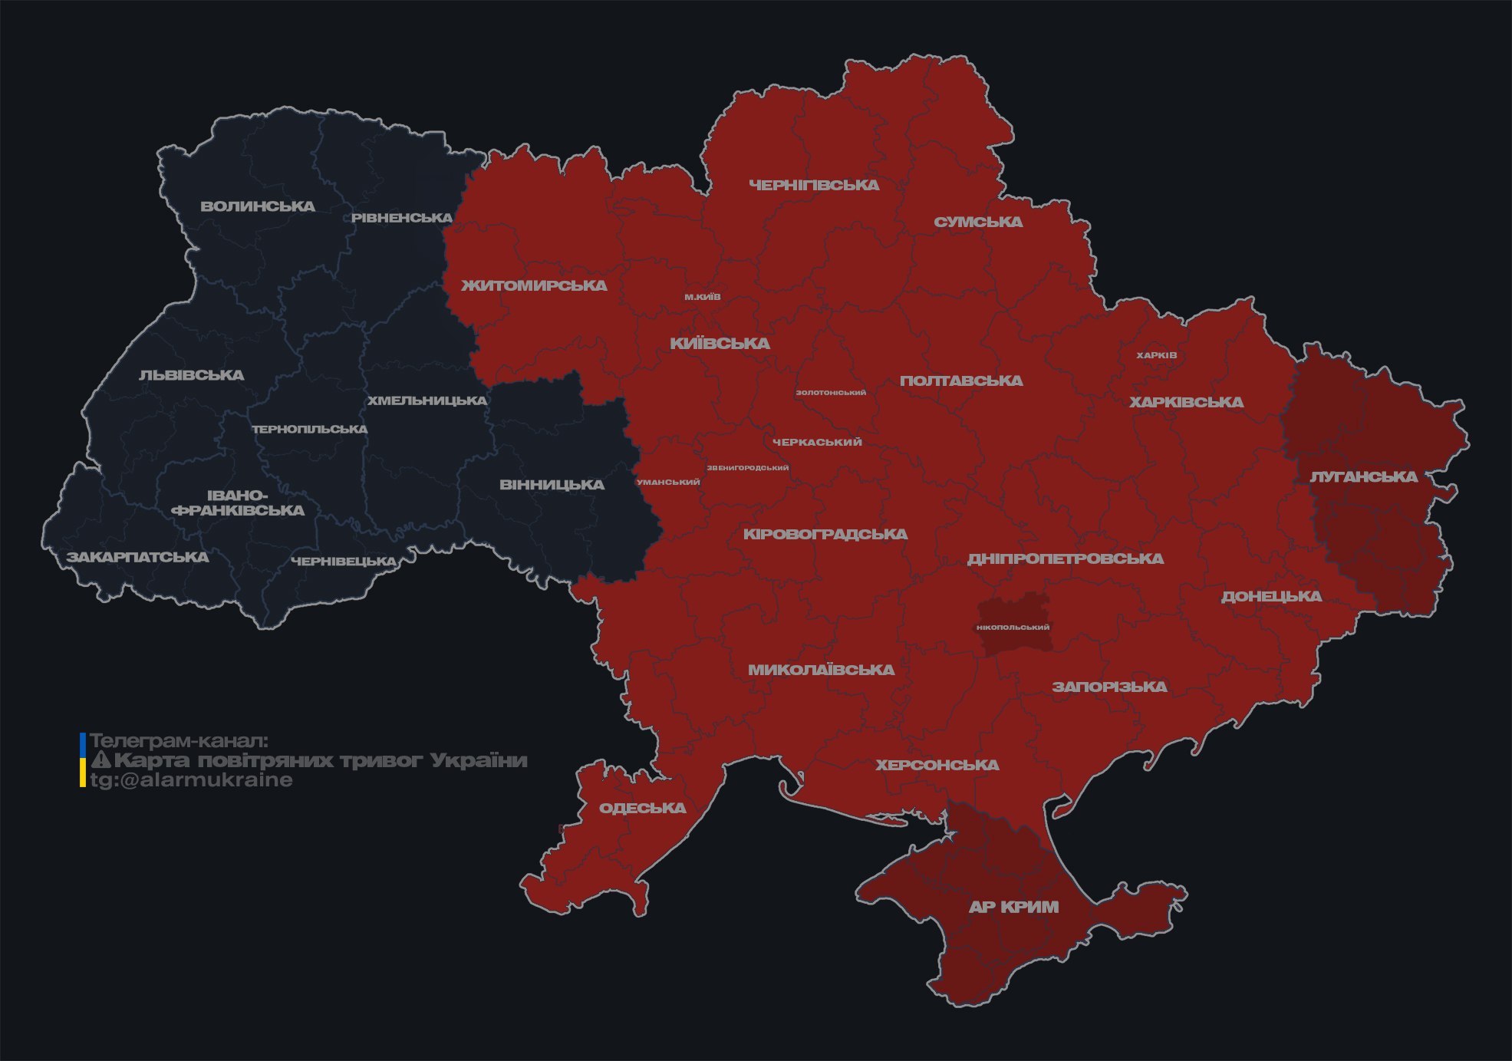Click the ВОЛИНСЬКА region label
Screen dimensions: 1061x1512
coord(258,206)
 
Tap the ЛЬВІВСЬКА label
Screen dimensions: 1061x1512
coord(192,375)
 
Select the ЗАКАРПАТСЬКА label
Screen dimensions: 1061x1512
coord(137,557)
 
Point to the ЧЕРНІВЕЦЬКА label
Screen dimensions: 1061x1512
coord(344,562)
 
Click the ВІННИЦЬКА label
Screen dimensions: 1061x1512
coord(552,485)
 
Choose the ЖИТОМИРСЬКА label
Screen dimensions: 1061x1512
coord(534,285)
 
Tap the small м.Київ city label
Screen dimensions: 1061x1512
coord(703,297)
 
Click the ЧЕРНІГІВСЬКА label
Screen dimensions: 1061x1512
coord(814,185)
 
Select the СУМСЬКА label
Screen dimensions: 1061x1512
coord(978,222)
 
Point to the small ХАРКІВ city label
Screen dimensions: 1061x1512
coord(1156,355)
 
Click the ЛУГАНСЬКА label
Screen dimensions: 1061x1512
coord(1363,476)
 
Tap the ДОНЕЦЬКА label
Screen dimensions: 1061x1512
coord(1271,596)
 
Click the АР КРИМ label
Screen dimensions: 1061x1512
coord(1013,907)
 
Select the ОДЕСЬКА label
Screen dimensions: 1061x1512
coord(642,808)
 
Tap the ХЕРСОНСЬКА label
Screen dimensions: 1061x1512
coord(937,765)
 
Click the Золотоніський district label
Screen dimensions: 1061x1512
coord(831,393)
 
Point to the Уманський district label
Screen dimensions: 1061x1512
coord(668,483)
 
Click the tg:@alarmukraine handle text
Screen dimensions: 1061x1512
coord(192,780)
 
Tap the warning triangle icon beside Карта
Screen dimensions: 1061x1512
coord(100,760)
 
